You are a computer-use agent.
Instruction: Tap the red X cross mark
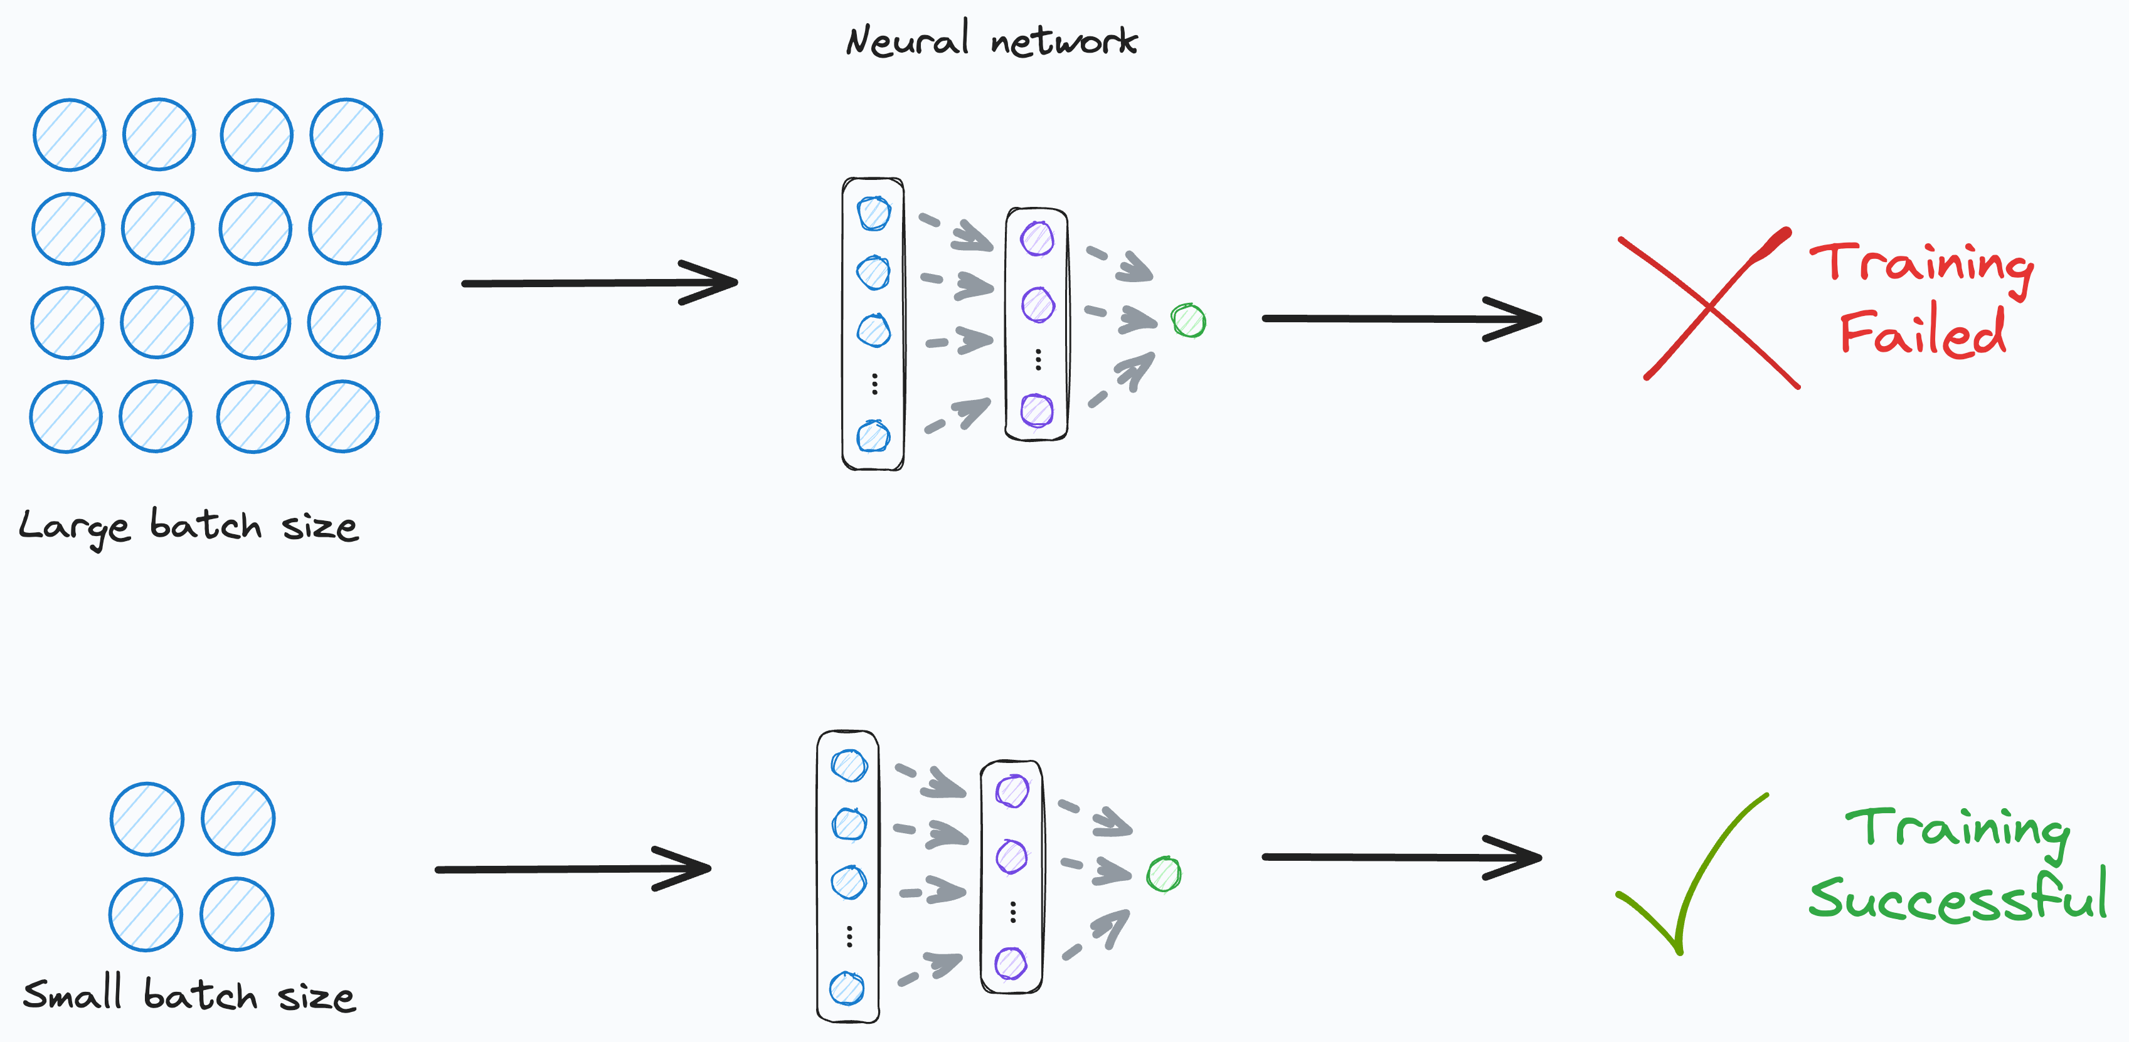point(1709,307)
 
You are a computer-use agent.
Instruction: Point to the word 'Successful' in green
point(1957,897)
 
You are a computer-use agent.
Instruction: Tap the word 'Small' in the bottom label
point(73,994)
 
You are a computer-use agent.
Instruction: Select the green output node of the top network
point(1189,320)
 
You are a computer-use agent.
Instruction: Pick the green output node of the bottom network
point(1164,874)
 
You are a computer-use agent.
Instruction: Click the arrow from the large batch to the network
point(599,283)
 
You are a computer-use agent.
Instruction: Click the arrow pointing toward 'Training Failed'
point(1401,318)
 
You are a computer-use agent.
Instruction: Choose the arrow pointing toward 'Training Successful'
point(1401,858)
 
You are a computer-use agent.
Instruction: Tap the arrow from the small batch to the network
point(572,868)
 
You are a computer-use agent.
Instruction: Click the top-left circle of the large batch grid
point(70,135)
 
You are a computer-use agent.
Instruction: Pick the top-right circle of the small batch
point(238,818)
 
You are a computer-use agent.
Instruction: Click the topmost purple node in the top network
point(1038,239)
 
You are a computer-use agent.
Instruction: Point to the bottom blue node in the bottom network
point(847,988)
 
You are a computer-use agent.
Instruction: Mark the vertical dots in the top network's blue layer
point(874,384)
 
